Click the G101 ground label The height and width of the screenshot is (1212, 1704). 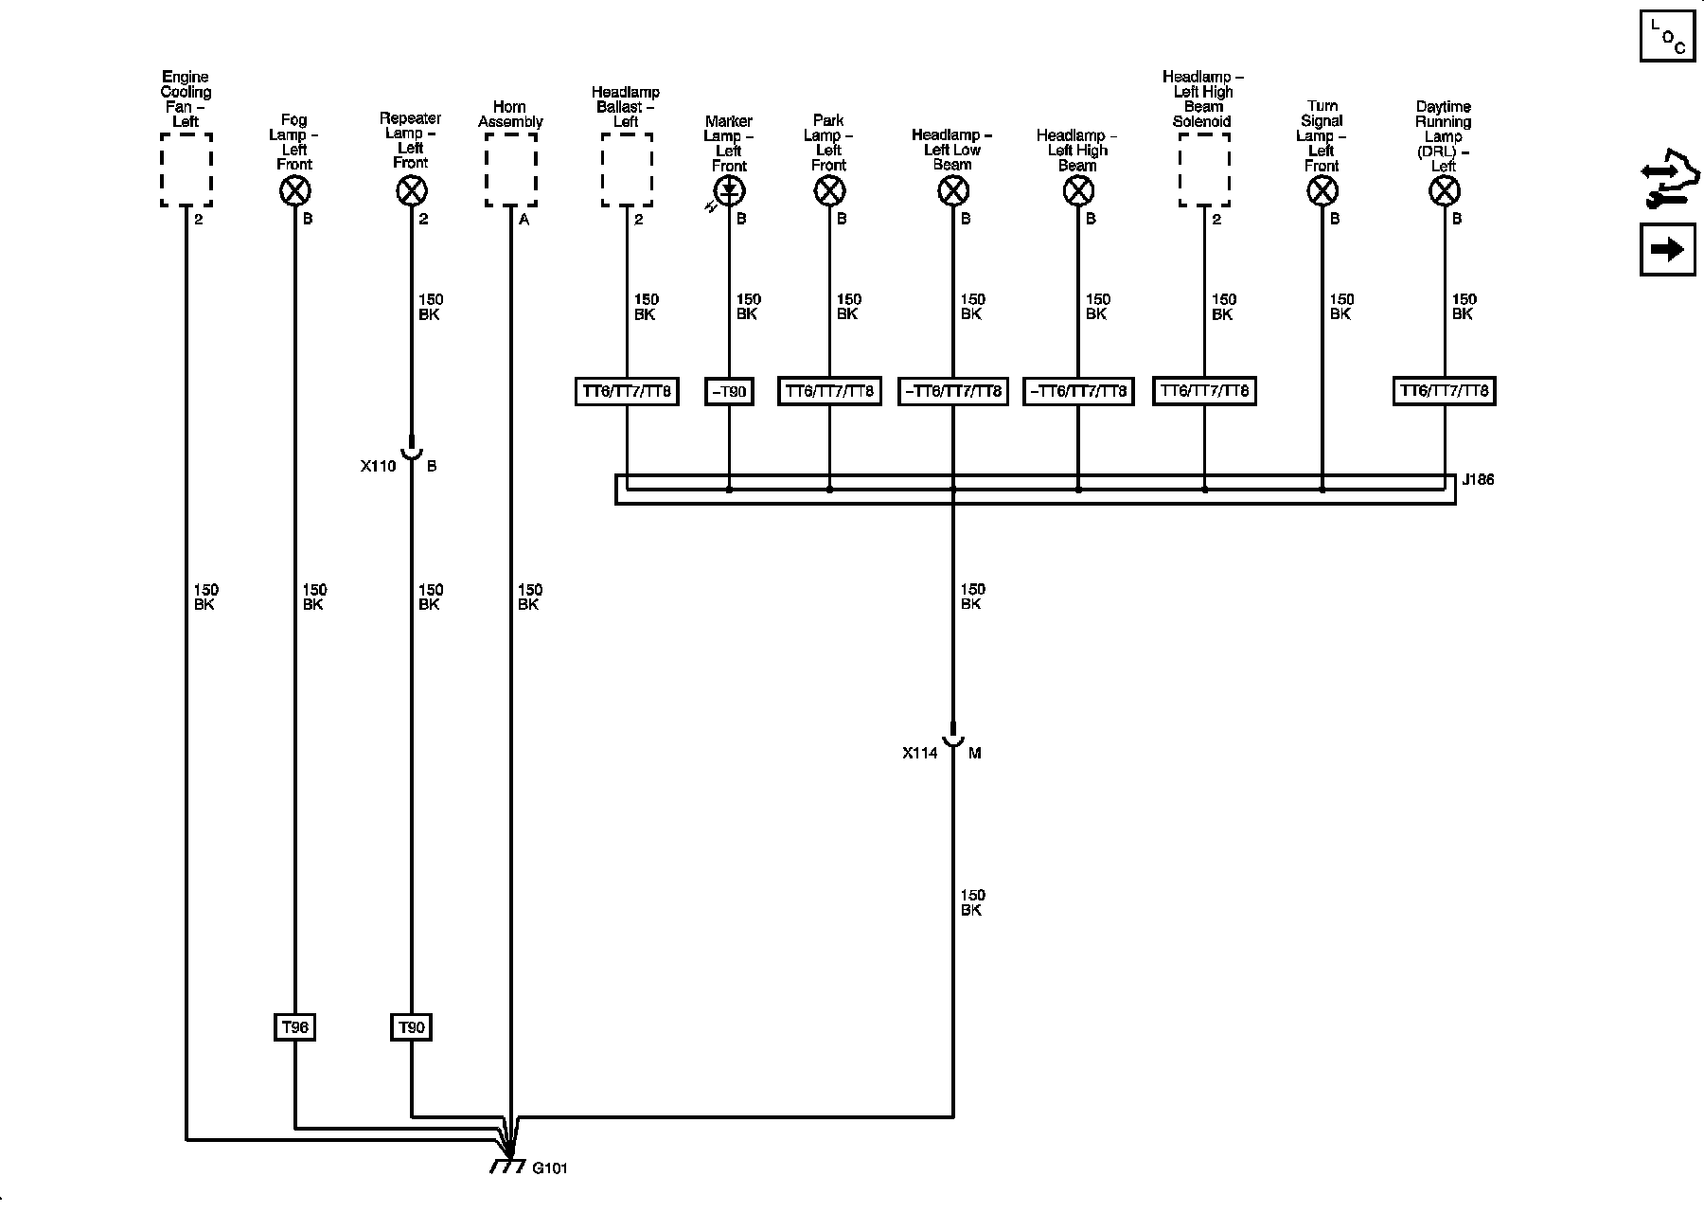point(549,1167)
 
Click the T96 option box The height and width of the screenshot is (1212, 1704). point(295,1027)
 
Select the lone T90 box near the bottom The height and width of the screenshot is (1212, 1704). point(412,1027)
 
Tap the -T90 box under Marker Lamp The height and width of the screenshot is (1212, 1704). point(729,391)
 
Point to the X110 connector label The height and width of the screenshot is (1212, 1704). point(378,466)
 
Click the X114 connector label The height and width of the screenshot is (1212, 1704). point(919,753)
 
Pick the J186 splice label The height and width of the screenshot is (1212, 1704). point(1478,479)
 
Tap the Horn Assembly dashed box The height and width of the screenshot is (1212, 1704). point(511,169)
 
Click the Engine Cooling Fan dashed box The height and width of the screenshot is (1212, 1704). point(186,169)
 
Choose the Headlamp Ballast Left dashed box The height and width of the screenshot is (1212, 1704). point(627,169)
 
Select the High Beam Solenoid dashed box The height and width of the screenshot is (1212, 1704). point(1204,169)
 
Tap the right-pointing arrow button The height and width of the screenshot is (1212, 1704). point(1667,250)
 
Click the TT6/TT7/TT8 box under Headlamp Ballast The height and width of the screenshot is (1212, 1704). point(627,391)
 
